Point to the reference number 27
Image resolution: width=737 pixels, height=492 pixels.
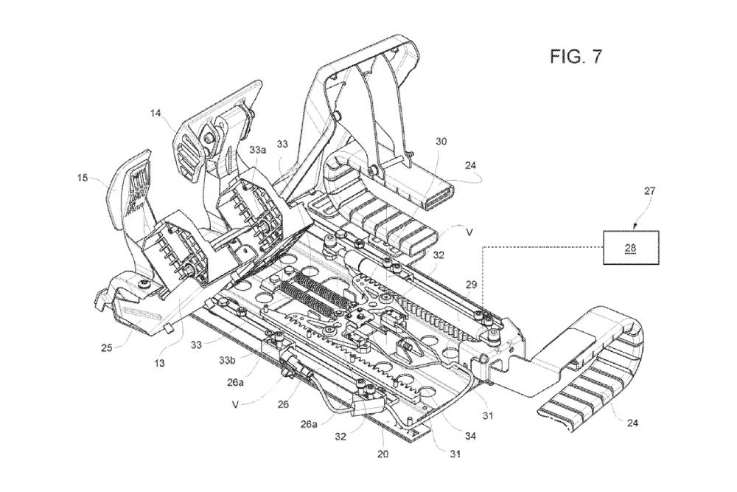tap(649, 190)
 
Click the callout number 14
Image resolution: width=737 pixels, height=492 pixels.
tap(155, 114)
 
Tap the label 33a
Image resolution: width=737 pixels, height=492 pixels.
tap(257, 148)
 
